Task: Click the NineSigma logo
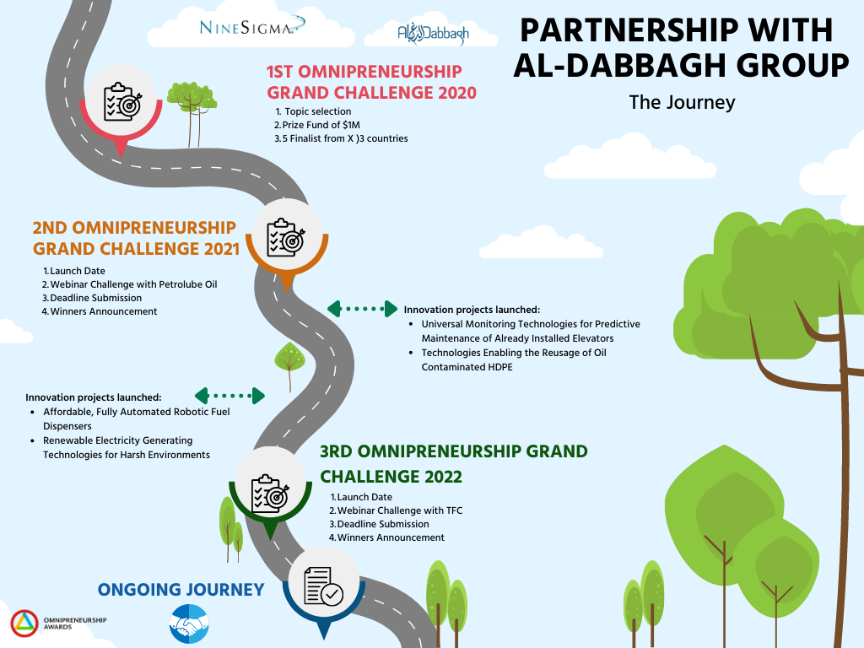point(247,28)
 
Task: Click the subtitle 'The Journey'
point(682,102)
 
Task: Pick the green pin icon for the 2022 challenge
point(269,491)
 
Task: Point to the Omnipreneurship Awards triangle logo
point(23,624)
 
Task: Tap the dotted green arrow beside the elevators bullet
point(362,309)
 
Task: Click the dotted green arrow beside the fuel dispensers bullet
point(229,395)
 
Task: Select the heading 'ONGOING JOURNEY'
point(181,589)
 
